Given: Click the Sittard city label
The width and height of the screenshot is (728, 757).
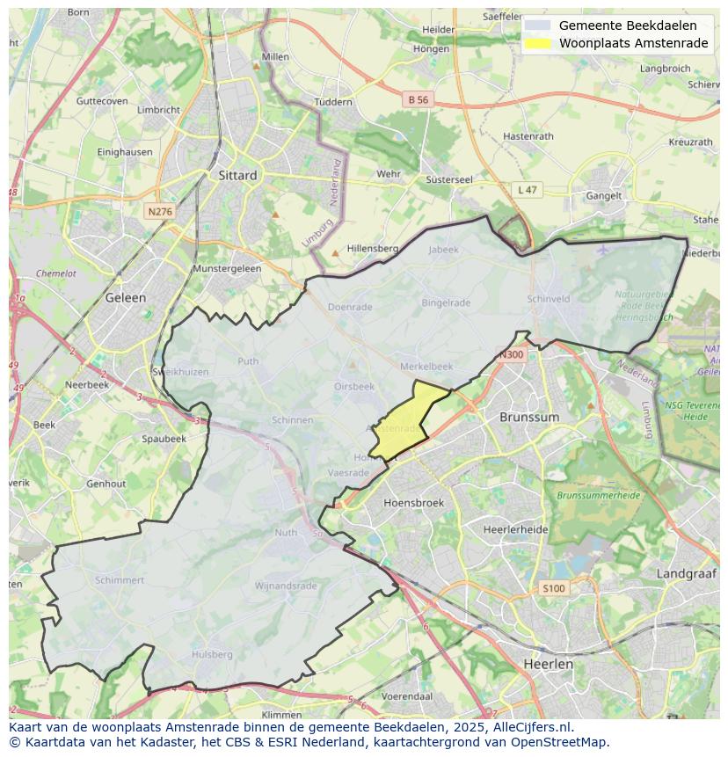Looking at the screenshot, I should coord(237,175).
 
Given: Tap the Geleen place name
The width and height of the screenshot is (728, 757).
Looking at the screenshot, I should coord(125,297).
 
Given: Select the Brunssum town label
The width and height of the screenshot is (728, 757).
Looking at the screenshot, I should coord(529,417).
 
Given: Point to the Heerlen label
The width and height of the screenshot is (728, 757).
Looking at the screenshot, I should coord(548,664).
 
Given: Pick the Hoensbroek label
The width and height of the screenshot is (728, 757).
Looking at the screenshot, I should coord(414,503).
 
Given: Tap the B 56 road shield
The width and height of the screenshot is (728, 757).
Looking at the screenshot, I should coord(419,100).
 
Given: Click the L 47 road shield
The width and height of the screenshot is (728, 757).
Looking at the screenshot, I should coord(527,190).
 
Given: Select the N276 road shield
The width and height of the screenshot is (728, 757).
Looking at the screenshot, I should coord(160,212).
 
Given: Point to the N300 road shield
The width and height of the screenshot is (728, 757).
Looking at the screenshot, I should coord(511,355).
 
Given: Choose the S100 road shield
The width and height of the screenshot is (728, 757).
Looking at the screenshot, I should coord(554,588).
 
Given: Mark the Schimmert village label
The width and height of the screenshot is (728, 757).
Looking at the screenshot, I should coord(120,580).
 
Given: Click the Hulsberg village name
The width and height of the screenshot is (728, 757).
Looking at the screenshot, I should coord(212,654).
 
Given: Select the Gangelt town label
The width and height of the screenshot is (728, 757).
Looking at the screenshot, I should coord(604,196).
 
